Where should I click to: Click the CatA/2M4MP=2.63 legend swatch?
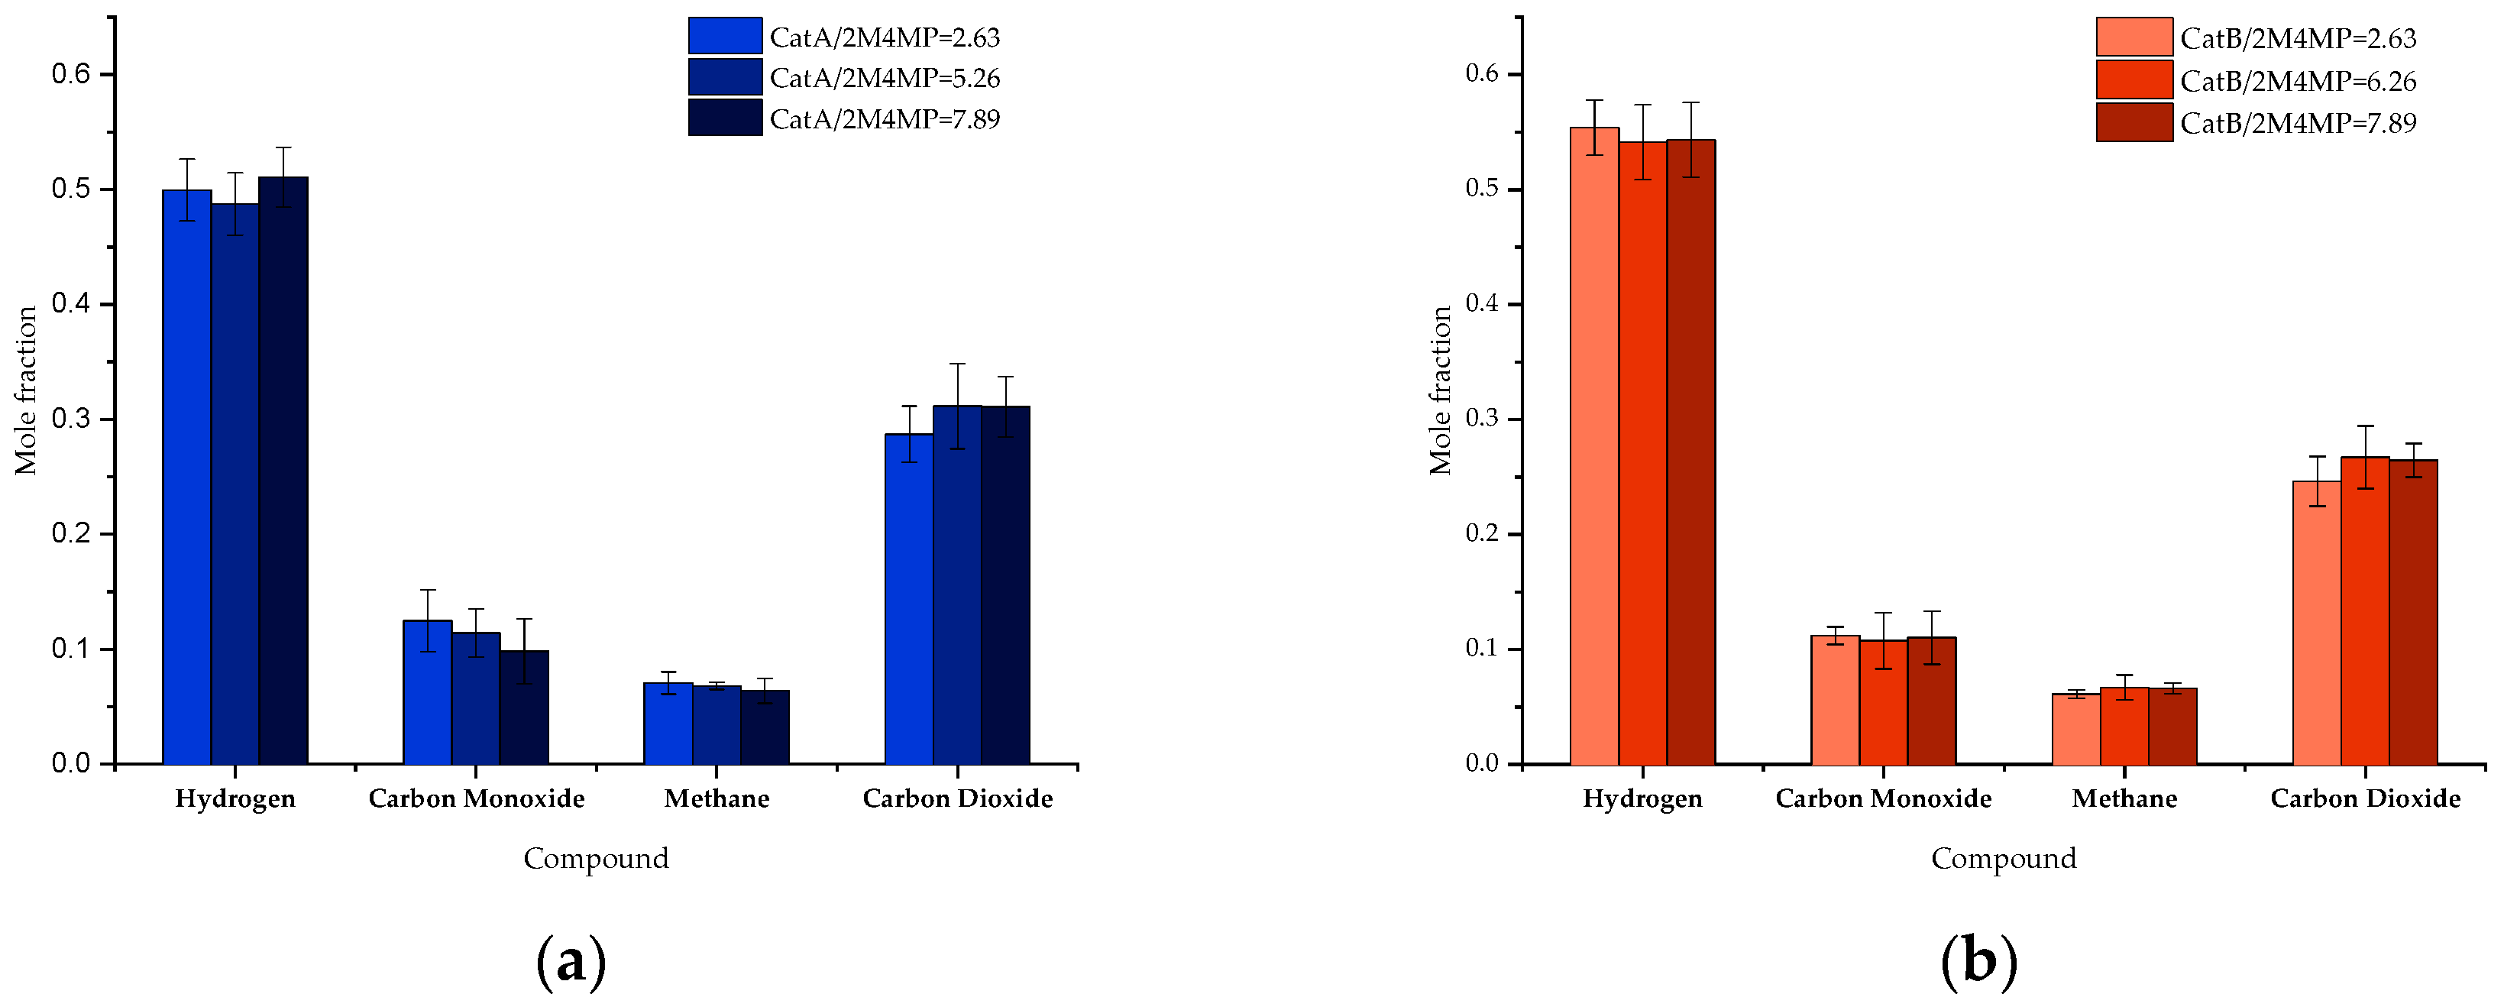(x=725, y=36)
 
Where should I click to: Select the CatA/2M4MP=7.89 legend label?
(x=885, y=118)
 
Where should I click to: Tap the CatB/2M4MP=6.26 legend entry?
(x=2298, y=81)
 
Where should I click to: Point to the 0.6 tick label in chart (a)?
(x=70, y=75)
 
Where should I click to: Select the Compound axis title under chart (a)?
(x=596, y=858)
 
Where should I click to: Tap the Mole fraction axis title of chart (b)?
(x=1440, y=390)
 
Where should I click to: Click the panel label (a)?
(x=571, y=961)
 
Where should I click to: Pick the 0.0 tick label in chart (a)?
(x=70, y=764)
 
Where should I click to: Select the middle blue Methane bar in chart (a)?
(x=717, y=725)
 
